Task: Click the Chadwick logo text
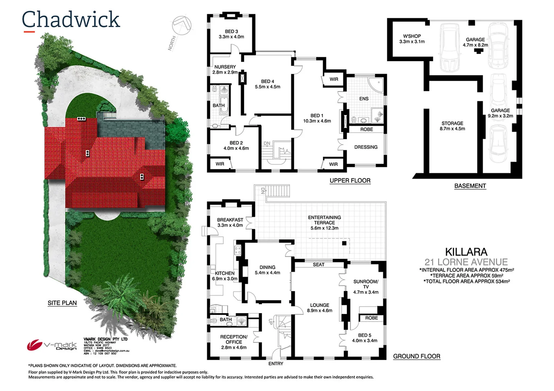[x=71, y=20]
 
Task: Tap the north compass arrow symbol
[x=182, y=26]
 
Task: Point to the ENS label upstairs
[x=364, y=99]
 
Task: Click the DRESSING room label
[x=366, y=147]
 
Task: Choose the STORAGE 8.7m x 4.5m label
[x=452, y=126]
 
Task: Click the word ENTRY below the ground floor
[x=276, y=363]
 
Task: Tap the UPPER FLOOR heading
[x=350, y=181]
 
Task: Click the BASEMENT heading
[x=470, y=186]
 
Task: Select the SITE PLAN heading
[x=62, y=303]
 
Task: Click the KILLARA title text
[x=466, y=252]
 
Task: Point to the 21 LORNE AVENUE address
[x=466, y=262]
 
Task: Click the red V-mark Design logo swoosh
[x=34, y=345]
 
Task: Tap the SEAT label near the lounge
[x=318, y=265]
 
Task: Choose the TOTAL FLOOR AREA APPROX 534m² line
[x=467, y=281]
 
